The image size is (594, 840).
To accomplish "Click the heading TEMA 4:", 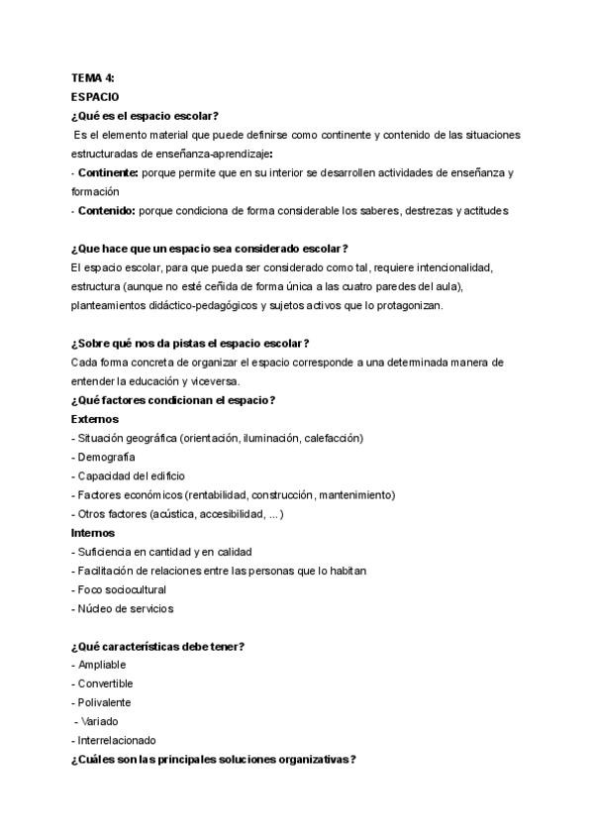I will [x=93, y=77].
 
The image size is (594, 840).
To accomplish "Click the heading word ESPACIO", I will [x=95, y=96].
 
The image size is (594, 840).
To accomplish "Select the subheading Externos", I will [x=95, y=418].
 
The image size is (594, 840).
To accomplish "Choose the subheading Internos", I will [x=94, y=532].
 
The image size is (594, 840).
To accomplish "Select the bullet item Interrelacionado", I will [x=117, y=740].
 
